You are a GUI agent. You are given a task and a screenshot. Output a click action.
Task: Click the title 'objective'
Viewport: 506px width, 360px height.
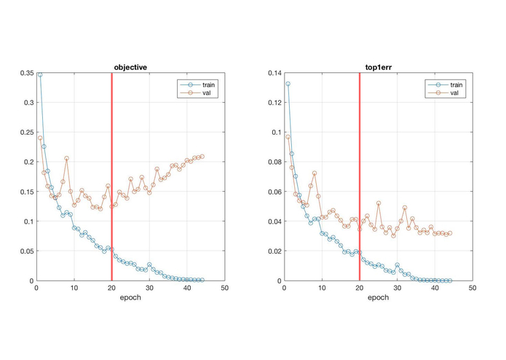coord(130,67)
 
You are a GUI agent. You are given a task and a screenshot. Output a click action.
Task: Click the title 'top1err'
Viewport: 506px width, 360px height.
coord(379,67)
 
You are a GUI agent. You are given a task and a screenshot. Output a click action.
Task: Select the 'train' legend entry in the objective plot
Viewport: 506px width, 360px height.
coord(208,85)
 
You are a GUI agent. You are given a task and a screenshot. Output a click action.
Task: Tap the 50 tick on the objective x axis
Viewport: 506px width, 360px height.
coord(224,289)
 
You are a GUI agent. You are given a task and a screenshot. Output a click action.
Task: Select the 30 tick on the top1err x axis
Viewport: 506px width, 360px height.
coord(398,289)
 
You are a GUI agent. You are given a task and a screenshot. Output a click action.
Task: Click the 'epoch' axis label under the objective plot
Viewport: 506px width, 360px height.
coord(130,299)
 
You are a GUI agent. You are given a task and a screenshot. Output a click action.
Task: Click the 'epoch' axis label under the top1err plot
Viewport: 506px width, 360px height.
coord(379,299)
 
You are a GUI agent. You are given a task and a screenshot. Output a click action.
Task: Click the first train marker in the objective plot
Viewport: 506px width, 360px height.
coord(40,74)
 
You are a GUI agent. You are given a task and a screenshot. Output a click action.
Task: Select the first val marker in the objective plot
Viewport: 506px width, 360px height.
coord(40,138)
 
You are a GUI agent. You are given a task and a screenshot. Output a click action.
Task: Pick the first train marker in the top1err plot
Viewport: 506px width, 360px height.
coord(288,84)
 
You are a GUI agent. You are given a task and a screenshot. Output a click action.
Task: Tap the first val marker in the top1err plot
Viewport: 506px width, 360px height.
coord(288,137)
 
